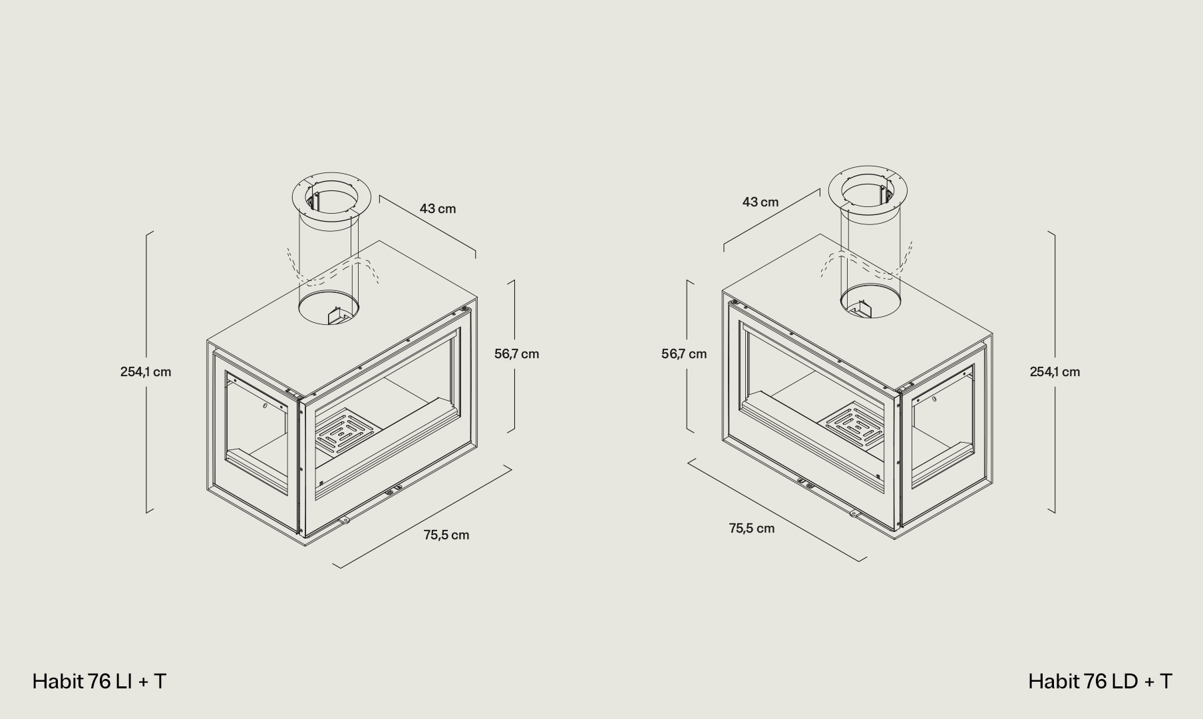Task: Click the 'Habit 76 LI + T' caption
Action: [x=99, y=681]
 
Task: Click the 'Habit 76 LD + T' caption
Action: [x=1100, y=681]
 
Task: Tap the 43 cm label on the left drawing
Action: [x=438, y=208]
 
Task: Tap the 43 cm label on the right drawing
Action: [x=760, y=202]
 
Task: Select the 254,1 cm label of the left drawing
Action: [x=146, y=371]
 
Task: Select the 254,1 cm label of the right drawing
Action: [x=1055, y=371]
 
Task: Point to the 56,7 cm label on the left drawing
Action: [x=516, y=354]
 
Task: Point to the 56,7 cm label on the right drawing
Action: [x=684, y=354]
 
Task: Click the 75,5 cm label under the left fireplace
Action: [x=446, y=535]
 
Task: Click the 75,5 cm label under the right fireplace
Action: [x=752, y=528]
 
